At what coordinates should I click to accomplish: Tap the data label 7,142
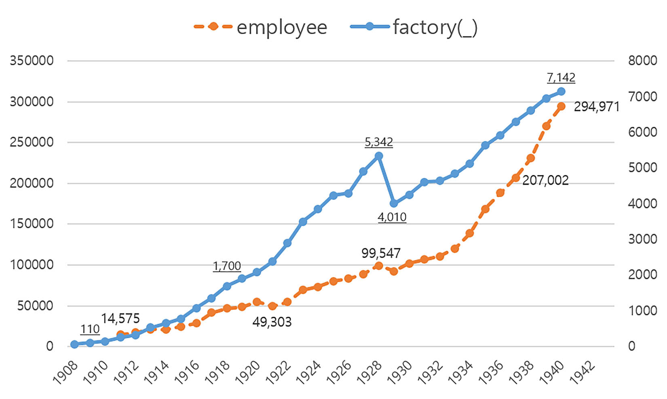click(x=561, y=77)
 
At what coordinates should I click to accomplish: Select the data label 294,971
click(x=596, y=107)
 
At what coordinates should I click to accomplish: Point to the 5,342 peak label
click(x=378, y=142)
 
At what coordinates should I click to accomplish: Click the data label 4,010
click(x=392, y=217)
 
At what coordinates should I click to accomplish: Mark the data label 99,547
click(x=380, y=253)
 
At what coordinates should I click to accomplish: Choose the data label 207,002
click(x=545, y=180)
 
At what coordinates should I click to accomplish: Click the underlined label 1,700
click(x=227, y=266)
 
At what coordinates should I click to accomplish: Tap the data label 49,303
click(x=272, y=322)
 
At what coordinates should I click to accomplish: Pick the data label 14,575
click(x=120, y=319)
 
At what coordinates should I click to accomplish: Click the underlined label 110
click(x=90, y=329)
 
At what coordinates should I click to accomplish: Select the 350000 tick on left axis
click(x=32, y=61)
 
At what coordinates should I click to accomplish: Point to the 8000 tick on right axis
click(x=642, y=61)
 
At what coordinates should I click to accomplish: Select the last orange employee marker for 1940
click(x=561, y=107)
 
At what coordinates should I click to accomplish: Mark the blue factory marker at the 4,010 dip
click(x=394, y=203)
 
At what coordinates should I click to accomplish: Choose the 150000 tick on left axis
click(x=32, y=224)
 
